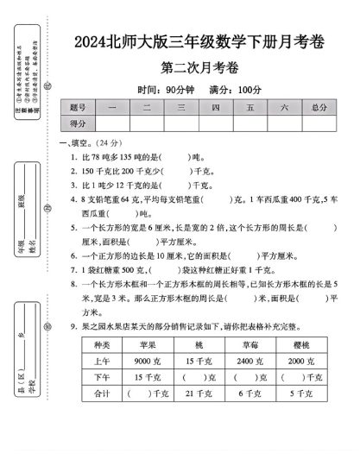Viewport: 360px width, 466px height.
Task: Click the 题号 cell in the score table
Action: [77, 108]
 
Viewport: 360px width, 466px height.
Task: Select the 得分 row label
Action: [77, 124]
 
